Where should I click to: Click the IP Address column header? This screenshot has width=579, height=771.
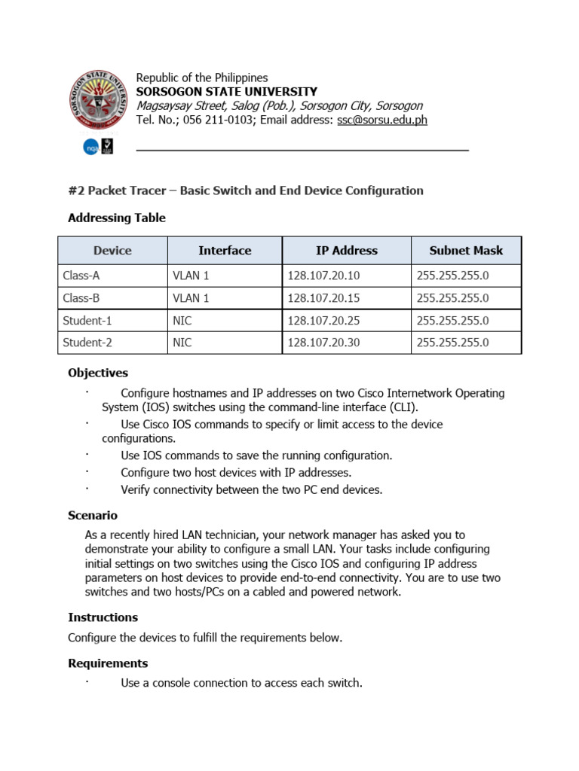[x=346, y=251]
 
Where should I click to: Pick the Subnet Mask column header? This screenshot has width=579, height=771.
[x=465, y=251]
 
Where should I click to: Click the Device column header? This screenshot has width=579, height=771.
[x=112, y=251]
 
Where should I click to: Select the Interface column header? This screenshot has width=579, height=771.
[x=225, y=251]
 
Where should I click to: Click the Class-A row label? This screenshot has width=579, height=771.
[x=81, y=276]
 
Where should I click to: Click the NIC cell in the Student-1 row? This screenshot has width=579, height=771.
[x=182, y=321]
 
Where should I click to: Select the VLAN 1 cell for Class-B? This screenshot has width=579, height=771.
[x=191, y=298]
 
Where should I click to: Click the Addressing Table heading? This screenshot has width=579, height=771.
[x=117, y=218]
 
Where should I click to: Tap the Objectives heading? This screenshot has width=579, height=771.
[x=98, y=373]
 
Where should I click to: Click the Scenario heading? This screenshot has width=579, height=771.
[x=93, y=516]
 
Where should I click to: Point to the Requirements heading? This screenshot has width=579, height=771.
[x=108, y=663]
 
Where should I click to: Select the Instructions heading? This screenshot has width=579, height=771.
[x=103, y=617]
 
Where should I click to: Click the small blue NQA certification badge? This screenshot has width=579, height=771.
[x=90, y=147]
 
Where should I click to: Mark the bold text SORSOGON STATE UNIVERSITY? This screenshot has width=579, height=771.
[x=226, y=92]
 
